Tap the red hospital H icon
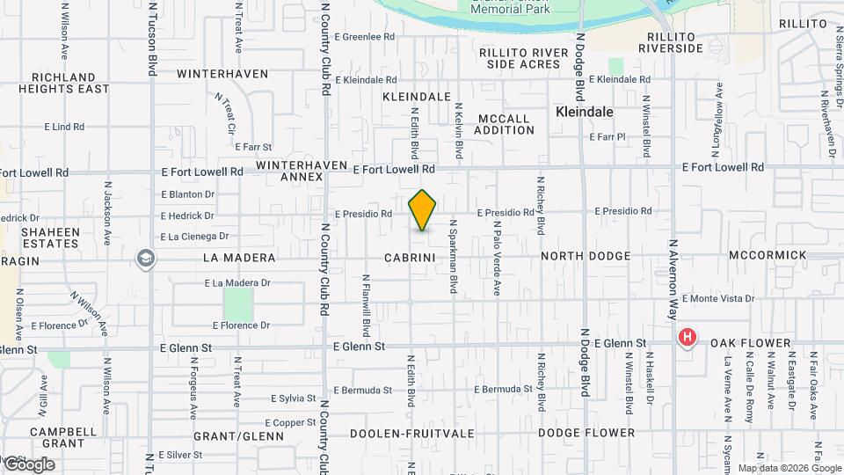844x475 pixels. tap(688, 337)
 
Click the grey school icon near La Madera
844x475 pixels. tap(145, 259)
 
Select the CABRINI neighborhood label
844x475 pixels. tap(411, 258)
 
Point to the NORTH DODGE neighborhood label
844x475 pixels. tap(586, 256)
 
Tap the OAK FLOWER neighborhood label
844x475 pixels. tap(746, 343)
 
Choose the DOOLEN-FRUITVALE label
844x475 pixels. tap(412, 434)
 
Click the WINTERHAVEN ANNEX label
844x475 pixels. tap(290, 171)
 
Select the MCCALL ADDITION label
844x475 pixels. tap(504, 124)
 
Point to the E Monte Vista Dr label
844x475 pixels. tap(717, 299)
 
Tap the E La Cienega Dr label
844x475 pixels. tap(195, 237)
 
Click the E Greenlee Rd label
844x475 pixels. tap(365, 38)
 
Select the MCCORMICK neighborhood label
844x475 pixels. tap(768, 255)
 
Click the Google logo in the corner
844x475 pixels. tap(28, 464)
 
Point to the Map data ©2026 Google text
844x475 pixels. tap(789, 468)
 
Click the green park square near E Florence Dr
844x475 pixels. tap(237, 303)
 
